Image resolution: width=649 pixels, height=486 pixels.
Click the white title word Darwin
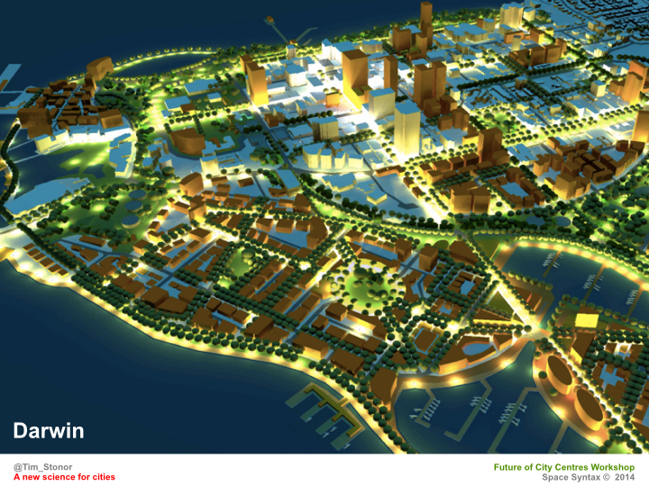coord(49,431)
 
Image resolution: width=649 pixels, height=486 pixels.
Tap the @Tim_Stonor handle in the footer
coord(43,467)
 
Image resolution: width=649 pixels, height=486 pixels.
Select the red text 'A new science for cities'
coord(64,477)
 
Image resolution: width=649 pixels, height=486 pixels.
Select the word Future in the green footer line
coord(512,467)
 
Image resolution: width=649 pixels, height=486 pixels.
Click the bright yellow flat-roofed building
coord(586,319)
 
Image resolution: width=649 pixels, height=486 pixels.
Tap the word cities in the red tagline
coord(103,477)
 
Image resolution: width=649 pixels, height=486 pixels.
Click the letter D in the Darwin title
coord(20,431)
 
